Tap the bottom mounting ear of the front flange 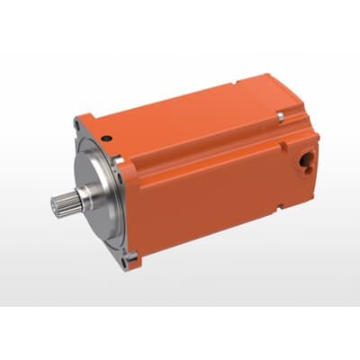coord(132,263)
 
